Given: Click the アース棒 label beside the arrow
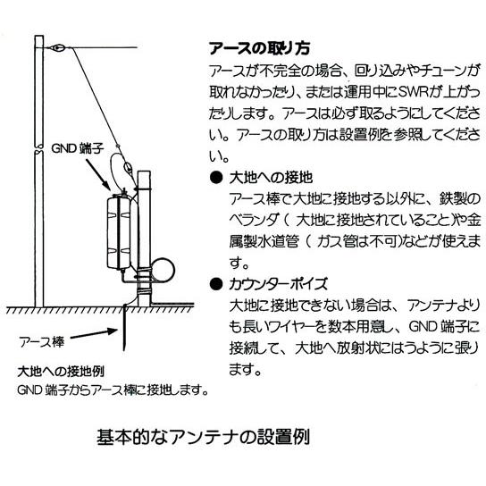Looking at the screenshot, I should point(46,340).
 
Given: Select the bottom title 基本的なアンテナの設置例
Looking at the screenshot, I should point(204,440).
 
